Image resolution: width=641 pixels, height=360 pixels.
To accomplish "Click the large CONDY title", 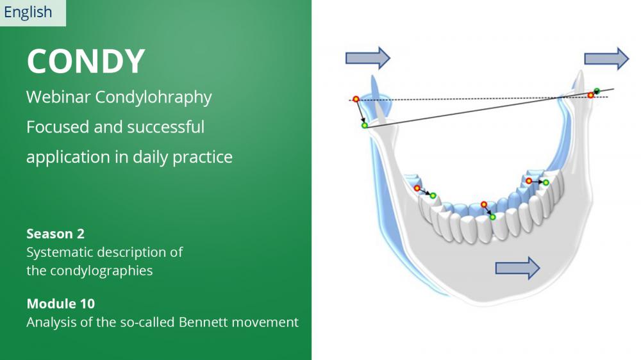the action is pos(86,61).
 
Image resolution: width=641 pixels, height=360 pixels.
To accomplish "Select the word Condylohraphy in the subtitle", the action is pos(153,97).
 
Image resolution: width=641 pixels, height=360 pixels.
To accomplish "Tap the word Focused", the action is pos(58,127).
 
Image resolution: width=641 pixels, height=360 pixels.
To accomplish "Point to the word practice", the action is pos(203,158).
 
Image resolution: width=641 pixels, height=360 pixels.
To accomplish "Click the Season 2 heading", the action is pos(55,234).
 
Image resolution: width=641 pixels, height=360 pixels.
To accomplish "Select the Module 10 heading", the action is pos(60,304).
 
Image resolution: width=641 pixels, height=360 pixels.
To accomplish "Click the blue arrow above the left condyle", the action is pos(368,58).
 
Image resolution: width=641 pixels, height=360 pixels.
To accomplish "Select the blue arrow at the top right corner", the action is pos(606,59).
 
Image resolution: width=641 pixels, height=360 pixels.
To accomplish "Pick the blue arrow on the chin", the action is pos(517,268).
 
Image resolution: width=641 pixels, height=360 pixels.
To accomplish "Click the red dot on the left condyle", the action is pos(356,99).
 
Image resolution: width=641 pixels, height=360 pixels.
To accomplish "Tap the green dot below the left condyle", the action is pos(364,126).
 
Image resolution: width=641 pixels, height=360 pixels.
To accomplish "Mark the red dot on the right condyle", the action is pos(590,95).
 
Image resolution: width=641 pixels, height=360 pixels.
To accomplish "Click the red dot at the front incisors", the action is pos(484,204).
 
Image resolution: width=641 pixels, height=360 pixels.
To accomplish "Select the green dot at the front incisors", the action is pos(492,217).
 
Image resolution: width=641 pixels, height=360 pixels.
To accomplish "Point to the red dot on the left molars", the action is pos(417,188).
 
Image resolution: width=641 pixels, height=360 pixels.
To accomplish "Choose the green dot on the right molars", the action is pos(545,183).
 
